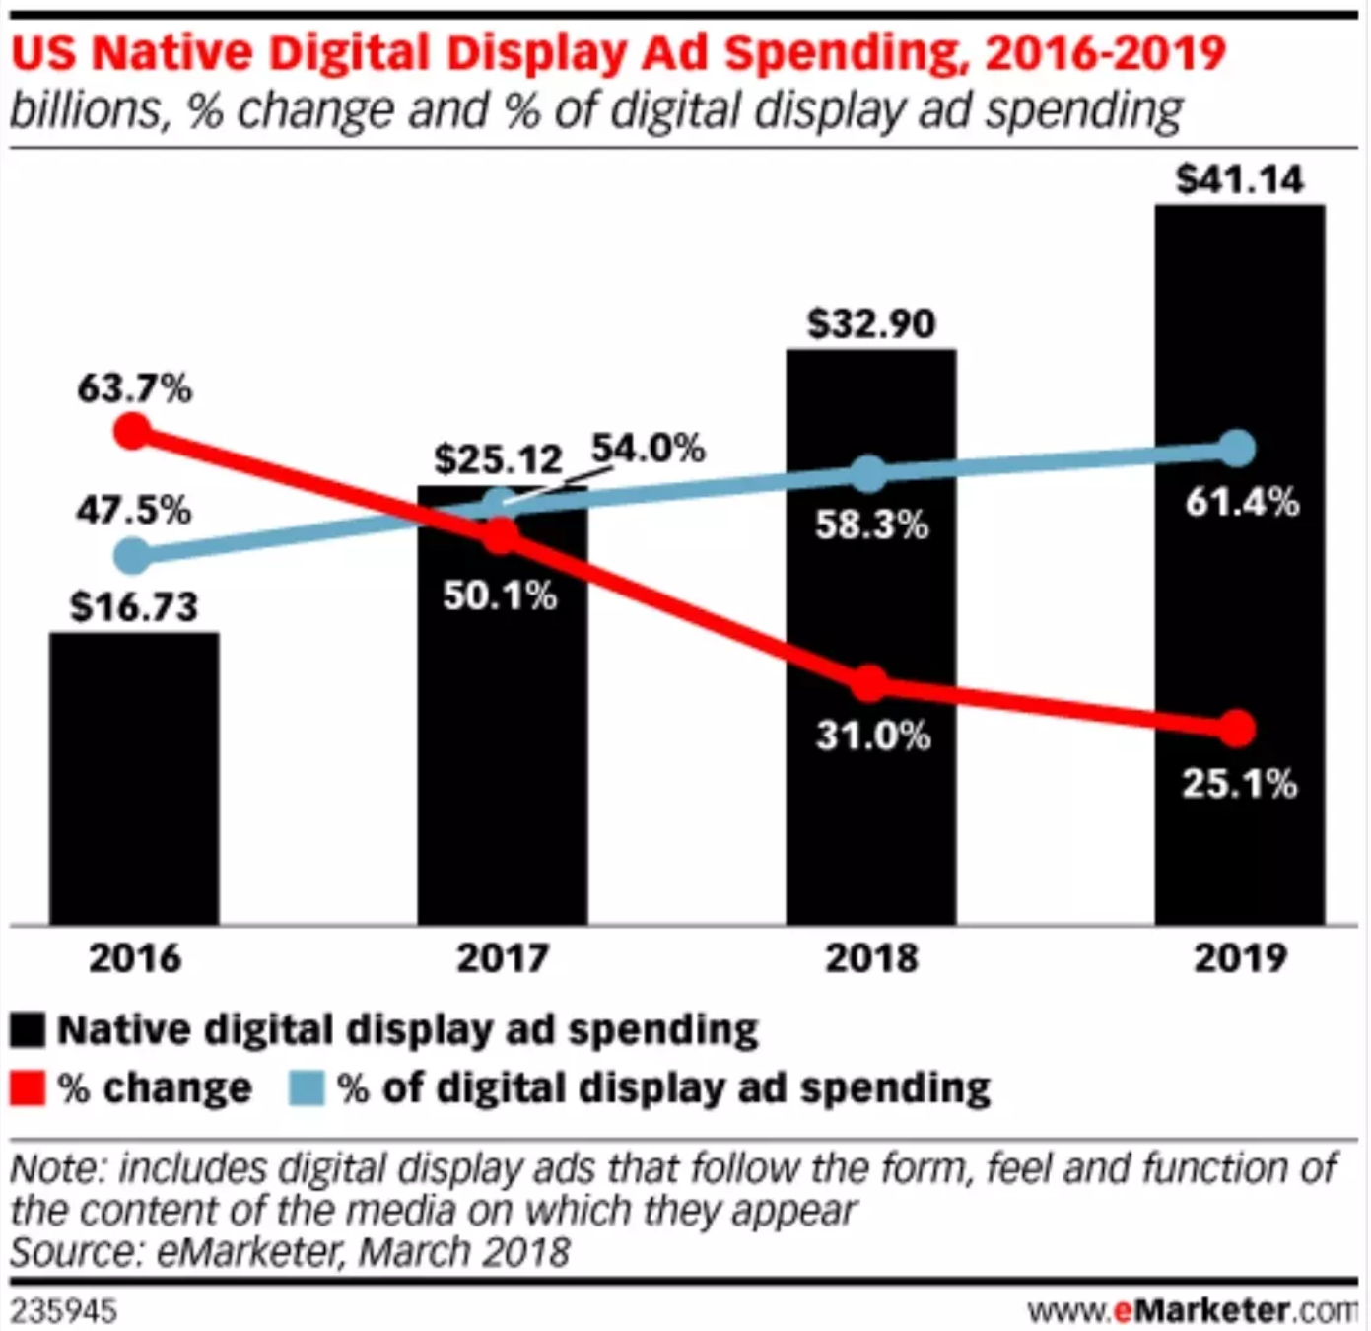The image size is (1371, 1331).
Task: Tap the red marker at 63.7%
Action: (132, 431)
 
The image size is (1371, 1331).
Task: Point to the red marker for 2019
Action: (1237, 729)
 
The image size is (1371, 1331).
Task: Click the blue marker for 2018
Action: (868, 474)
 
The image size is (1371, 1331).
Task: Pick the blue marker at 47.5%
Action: (132, 556)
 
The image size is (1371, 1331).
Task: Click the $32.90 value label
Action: (870, 323)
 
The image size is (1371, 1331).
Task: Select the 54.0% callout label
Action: (648, 449)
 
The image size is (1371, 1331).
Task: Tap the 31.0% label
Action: (872, 736)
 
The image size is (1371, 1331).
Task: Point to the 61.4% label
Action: (1241, 503)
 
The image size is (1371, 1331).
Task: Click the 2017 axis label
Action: (502, 958)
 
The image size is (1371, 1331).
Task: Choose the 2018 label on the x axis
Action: (870, 958)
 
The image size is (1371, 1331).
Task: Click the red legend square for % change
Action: (28, 1088)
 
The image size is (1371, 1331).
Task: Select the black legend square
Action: (28, 1030)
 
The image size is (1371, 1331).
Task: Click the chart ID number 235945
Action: (63, 1312)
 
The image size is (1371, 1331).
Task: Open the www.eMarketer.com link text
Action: (1191, 1311)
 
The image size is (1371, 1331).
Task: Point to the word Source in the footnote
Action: (75, 1252)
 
